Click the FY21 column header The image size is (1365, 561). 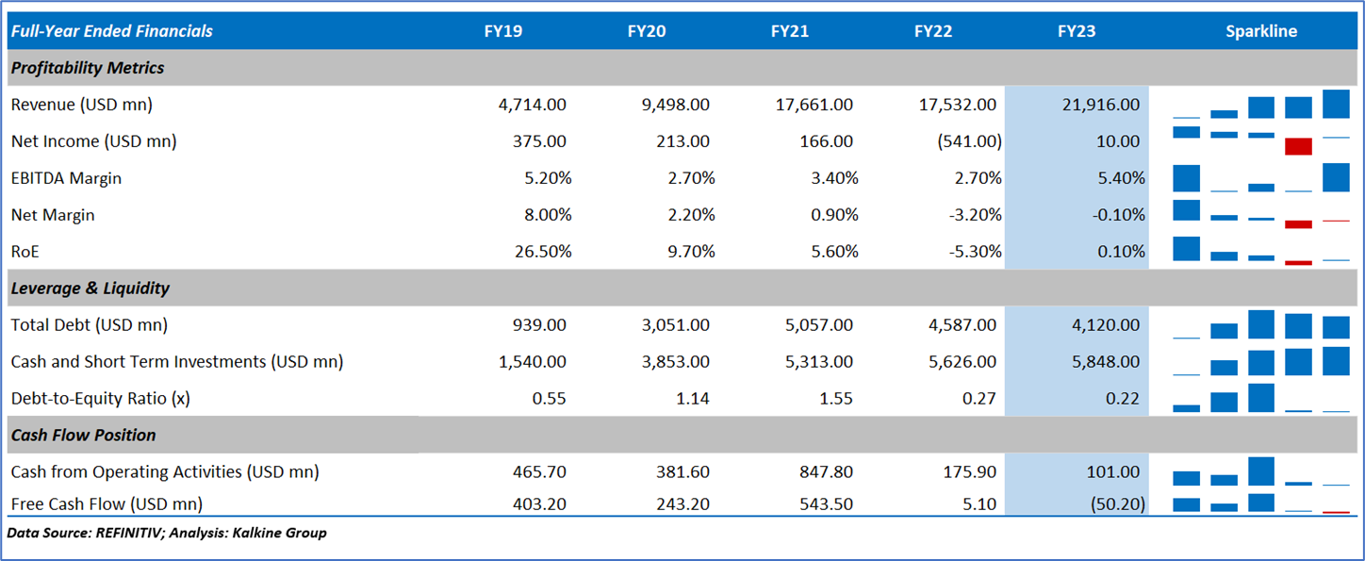(790, 31)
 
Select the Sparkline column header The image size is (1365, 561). (1260, 31)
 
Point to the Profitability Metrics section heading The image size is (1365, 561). (88, 68)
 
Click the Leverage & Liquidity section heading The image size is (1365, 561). (90, 288)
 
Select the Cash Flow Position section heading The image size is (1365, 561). (83, 435)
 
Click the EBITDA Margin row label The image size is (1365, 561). (66, 178)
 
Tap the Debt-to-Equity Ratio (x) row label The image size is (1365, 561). (100, 398)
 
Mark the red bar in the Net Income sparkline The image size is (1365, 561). (1298, 146)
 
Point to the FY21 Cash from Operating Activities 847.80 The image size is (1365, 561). (825, 471)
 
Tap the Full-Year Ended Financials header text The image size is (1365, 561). (112, 31)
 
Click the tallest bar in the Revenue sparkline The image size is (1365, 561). (1336, 104)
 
